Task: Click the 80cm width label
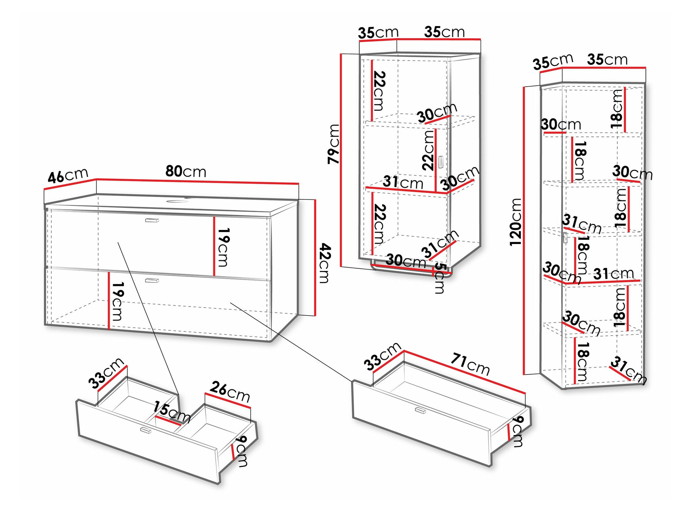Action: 186,171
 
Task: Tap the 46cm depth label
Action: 68,175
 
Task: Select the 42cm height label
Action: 324,263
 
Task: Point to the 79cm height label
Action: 334,144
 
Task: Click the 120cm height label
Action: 515,222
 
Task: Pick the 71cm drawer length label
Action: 470,364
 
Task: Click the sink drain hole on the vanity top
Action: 177,201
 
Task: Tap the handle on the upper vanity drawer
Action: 152,220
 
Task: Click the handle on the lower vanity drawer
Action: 152,280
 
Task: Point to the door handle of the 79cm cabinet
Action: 441,162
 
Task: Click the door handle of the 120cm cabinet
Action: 565,237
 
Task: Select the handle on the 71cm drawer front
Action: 420,410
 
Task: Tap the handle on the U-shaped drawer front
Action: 145,430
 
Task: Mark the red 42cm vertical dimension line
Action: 315,257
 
